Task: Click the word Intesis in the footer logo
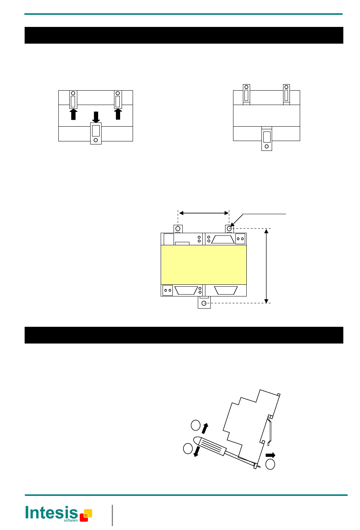[51, 513]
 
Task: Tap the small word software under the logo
[70, 521]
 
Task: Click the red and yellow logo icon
[86, 515]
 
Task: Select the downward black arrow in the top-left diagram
[96, 117]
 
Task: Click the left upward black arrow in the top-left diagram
[73, 114]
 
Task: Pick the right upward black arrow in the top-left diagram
[118, 114]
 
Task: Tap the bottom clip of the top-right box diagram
[266, 139]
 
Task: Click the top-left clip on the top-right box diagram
[246, 94]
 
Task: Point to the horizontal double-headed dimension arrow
[203, 213]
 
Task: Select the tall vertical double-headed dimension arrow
[266, 266]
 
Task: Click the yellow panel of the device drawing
[203, 265]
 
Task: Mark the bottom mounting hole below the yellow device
[204, 303]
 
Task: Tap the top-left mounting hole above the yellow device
[178, 229]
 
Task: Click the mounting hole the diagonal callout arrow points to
[229, 229]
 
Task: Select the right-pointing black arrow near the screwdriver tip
[270, 455]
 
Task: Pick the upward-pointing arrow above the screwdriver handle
[205, 428]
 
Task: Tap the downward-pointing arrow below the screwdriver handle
[196, 452]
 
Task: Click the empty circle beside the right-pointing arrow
[270, 464]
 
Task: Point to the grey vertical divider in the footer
[112, 515]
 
